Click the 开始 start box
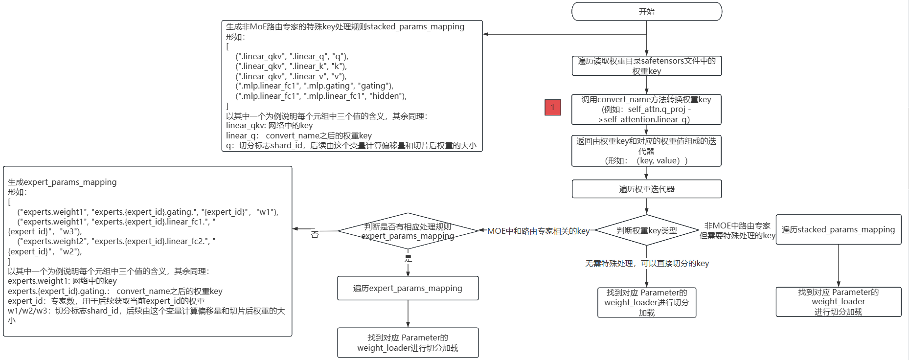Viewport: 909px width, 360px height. pos(646,12)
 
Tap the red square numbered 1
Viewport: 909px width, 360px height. pos(553,108)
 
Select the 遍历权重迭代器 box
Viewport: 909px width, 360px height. pos(646,189)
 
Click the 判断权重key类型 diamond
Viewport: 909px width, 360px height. pos(646,230)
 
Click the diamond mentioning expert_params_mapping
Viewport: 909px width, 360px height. pos(408,231)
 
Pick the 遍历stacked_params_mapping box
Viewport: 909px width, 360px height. pos(838,229)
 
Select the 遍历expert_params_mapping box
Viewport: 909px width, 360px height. pos(408,288)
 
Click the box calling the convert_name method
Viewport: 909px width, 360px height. pos(646,110)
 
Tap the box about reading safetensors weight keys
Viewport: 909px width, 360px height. pos(646,66)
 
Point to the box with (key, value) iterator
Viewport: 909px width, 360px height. pos(646,151)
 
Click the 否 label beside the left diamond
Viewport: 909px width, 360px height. pos(315,235)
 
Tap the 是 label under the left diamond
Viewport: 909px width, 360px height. pos(408,259)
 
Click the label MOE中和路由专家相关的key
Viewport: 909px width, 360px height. pos(538,231)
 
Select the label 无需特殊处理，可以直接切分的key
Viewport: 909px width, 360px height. pos(647,264)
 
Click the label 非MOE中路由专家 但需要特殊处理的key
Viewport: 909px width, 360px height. pos(737,230)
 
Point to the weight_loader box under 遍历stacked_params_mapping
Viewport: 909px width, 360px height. pos(838,302)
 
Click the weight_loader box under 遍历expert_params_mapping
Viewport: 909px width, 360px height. pos(408,342)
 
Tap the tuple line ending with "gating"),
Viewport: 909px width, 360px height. pos(314,86)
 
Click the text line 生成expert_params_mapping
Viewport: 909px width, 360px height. pos(62,182)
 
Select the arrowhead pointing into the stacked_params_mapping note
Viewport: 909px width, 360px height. pos(486,34)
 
